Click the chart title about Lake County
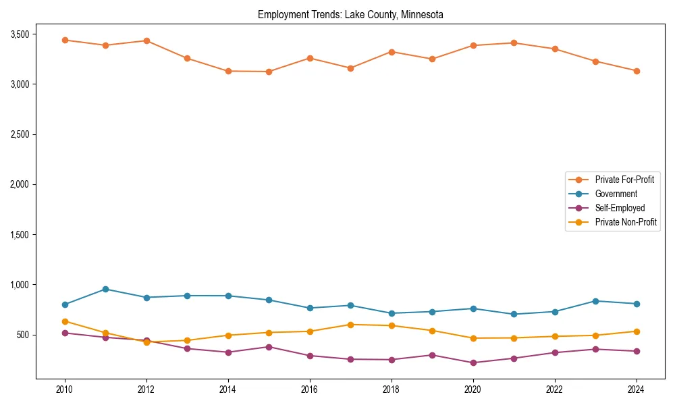point(350,15)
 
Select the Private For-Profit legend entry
point(624,180)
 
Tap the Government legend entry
point(616,194)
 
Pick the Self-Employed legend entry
point(620,208)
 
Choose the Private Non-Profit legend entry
point(626,222)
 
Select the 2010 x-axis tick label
point(65,389)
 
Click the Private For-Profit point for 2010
point(65,40)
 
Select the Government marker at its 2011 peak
point(105,289)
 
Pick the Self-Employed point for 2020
point(473,362)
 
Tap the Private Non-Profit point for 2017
point(350,325)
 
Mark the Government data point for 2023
point(595,301)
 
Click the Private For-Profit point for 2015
point(269,72)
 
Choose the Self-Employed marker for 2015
point(269,347)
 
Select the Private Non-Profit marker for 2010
point(65,321)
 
